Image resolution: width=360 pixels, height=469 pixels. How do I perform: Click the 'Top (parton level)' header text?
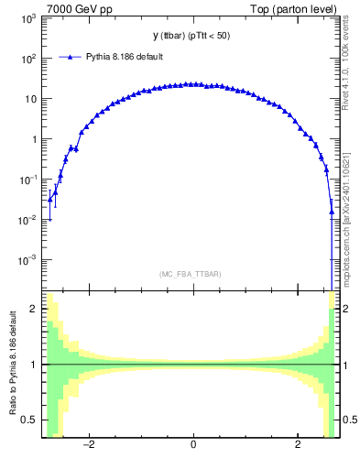pyautogui.click(x=297, y=8)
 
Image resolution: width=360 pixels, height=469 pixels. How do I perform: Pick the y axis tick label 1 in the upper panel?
pyautogui.click(x=33, y=139)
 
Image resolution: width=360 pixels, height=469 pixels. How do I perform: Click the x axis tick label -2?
pyautogui.click(x=88, y=446)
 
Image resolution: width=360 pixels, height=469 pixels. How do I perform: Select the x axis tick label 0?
pyautogui.click(x=193, y=446)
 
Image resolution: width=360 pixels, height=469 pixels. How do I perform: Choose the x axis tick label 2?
pyautogui.click(x=298, y=446)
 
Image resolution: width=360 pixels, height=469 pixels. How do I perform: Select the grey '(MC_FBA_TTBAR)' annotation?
pyautogui.click(x=192, y=274)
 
